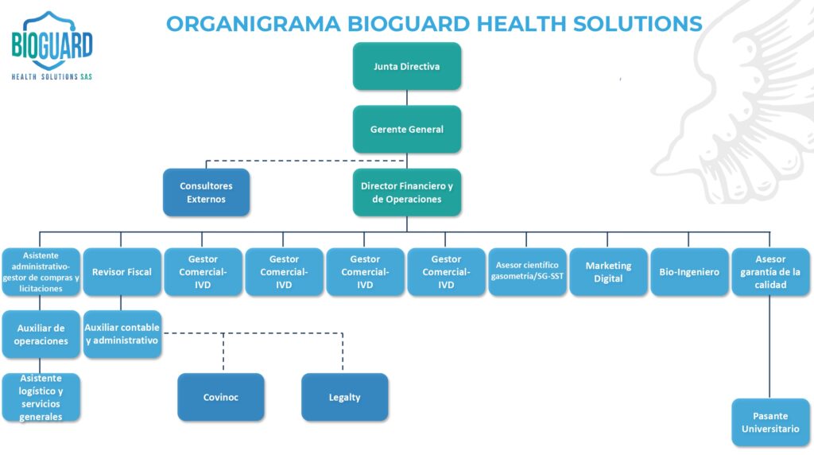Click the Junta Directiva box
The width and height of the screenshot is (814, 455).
[x=406, y=66]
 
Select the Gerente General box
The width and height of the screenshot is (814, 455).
[x=406, y=129]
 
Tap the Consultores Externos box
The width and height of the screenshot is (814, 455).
[x=206, y=192]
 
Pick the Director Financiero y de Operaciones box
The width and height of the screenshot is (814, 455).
[x=406, y=192]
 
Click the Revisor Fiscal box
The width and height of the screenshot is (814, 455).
[x=122, y=272]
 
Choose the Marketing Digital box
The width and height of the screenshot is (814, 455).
[x=608, y=272]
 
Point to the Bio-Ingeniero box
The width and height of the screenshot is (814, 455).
[x=689, y=272]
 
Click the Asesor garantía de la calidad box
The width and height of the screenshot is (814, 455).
[x=770, y=272]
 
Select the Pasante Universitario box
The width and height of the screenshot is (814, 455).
[x=770, y=422]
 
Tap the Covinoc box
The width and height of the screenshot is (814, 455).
[x=220, y=397]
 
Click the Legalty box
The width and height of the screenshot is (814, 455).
[x=344, y=397]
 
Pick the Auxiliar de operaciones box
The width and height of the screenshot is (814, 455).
[x=41, y=334]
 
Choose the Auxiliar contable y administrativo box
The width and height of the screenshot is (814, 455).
[x=122, y=334]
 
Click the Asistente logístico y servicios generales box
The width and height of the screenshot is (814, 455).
[x=41, y=397]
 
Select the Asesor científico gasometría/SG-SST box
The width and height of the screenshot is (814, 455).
[x=527, y=272]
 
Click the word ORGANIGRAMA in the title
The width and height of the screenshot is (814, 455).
[x=253, y=23]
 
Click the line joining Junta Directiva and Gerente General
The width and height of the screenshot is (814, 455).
[x=407, y=97]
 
